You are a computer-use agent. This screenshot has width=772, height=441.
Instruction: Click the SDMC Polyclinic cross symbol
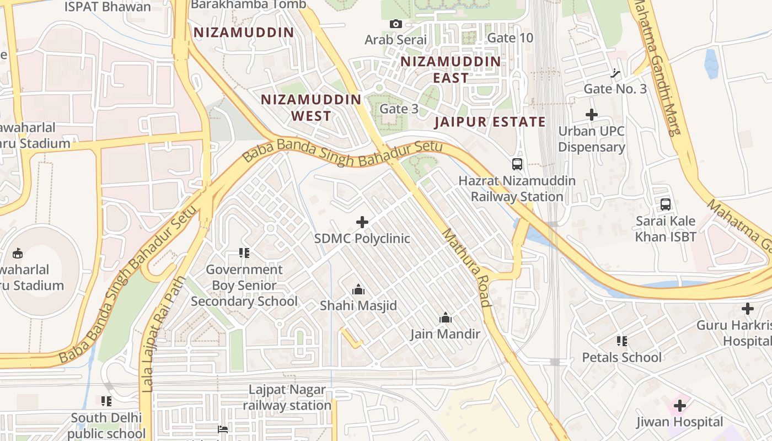362,222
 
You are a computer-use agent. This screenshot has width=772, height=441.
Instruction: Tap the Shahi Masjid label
358,305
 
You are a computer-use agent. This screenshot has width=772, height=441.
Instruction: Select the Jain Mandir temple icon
446,318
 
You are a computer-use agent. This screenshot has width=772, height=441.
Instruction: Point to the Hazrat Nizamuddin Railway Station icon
517,164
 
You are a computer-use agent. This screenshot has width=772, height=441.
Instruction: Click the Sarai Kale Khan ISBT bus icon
666,205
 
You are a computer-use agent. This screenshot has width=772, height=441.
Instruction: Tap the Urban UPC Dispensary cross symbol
592,115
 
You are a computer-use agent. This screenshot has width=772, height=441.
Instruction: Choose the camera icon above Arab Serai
395,24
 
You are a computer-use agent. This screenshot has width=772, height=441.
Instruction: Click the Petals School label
622,357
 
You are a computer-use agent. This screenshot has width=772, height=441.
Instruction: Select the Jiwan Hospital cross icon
680,406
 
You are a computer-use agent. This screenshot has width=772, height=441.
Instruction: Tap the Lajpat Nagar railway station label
287,397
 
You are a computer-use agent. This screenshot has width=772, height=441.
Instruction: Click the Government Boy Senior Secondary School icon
244,253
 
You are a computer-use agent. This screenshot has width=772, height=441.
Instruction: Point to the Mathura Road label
467,267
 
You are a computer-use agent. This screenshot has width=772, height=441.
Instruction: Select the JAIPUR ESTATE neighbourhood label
490,122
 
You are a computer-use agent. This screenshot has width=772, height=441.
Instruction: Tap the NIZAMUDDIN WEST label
311,107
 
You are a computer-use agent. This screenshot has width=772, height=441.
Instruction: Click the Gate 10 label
511,38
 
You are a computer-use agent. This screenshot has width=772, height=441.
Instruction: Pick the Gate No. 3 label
615,89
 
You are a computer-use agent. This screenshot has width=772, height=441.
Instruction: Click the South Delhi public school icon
106,401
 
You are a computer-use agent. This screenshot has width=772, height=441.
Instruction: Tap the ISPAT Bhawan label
108,7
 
